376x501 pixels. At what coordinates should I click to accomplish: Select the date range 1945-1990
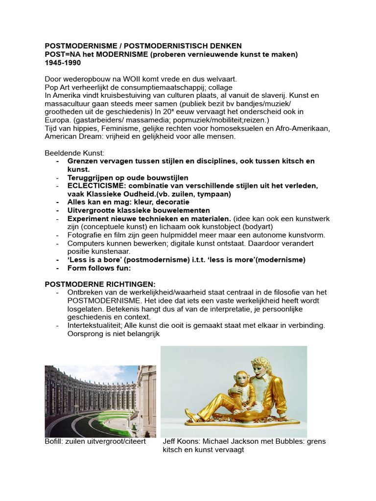(x=63, y=63)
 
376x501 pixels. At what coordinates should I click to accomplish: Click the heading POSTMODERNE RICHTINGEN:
(x=100, y=284)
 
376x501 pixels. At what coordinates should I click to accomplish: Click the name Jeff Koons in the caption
(x=182, y=441)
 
